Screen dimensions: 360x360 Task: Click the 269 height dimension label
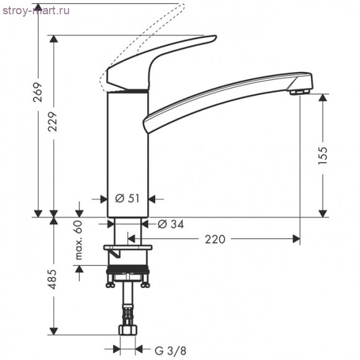click(38, 92)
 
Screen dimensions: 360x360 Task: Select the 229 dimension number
click(53, 122)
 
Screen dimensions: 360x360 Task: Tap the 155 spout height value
click(323, 155)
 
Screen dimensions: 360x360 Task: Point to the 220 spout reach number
click(215, 239)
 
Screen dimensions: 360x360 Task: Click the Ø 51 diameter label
click(127, 199)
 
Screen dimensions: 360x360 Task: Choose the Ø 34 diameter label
click(171, 224)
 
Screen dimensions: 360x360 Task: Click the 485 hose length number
click(53, 279)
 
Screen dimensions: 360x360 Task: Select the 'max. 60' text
click(79, 240)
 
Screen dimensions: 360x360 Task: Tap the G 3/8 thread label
click(170, 351)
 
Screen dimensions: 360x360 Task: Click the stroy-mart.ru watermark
click(36, 11)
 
